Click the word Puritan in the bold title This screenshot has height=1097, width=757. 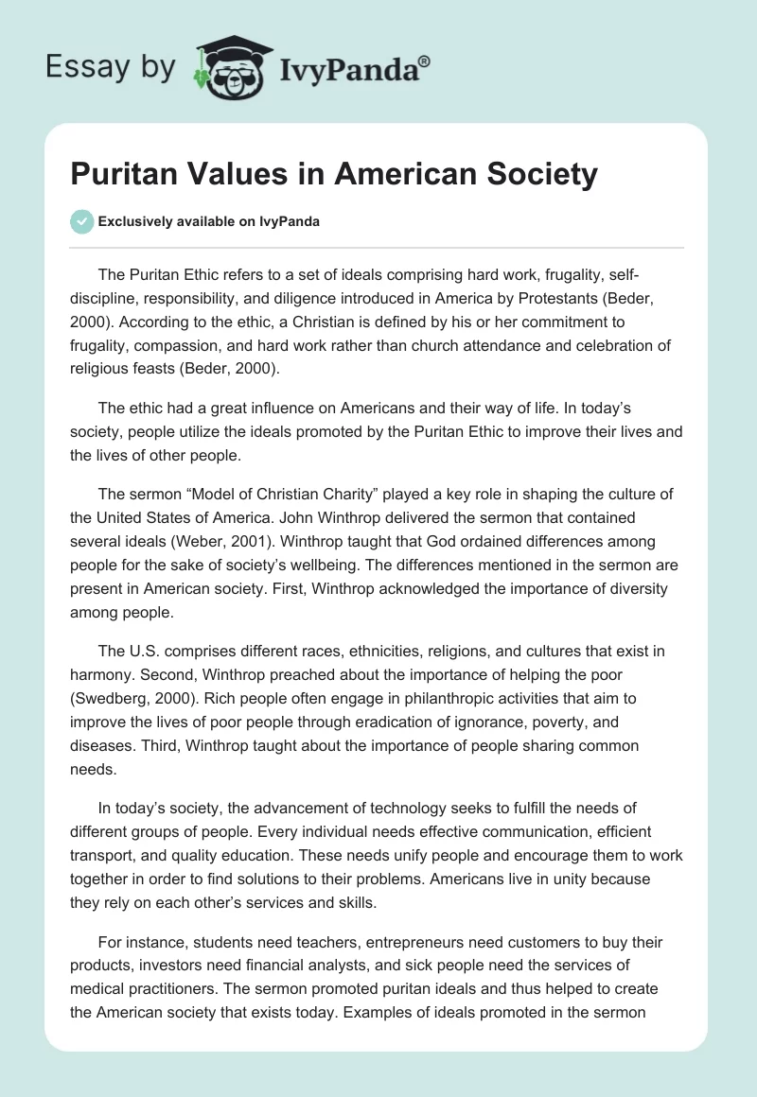[131, 175]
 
